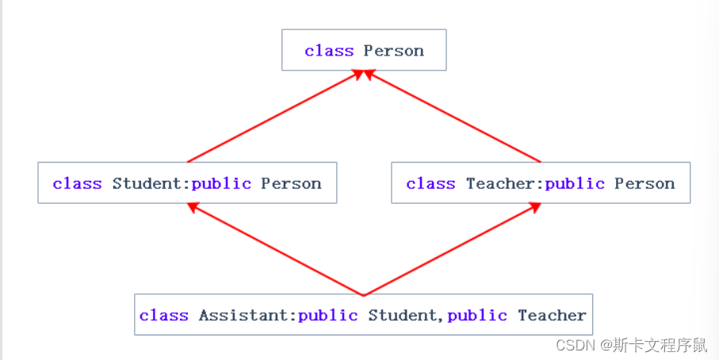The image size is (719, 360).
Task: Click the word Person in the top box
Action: tap(394, 51)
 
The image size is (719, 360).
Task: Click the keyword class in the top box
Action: tap(329, 51)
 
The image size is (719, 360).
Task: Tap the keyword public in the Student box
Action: tap(221, 184)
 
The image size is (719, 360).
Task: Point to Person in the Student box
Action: tap(291, 184)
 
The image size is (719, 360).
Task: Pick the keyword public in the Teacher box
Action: tap(575, 184)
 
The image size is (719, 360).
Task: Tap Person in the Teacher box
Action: tap(644, 184)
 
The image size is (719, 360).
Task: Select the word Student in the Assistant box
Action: tap(401, 316)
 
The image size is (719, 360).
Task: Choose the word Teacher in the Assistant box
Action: tap(552, 316)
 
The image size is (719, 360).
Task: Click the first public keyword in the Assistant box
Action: tap(328, 316)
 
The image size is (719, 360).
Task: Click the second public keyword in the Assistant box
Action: tap(477, 316)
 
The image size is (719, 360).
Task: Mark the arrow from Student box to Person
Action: tap(276, 116)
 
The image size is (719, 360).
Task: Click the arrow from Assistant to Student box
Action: tap(274, 249)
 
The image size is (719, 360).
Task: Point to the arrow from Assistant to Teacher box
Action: tap(452, 249)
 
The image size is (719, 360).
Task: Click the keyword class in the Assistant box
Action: tap(164, 316)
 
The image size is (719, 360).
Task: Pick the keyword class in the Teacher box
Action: tap(430, 184)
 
